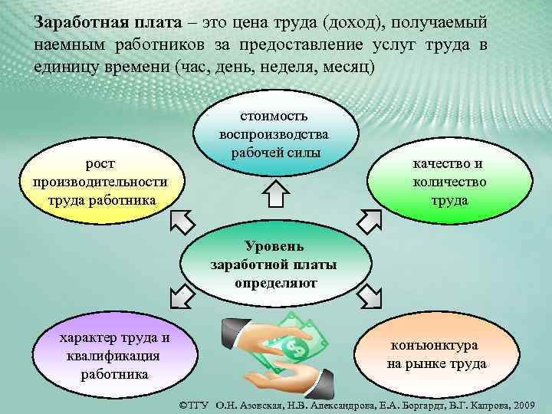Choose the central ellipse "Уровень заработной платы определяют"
click(274, 264)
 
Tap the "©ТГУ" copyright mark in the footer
click(195, 403)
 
